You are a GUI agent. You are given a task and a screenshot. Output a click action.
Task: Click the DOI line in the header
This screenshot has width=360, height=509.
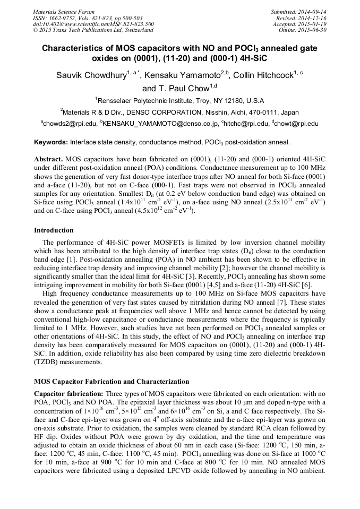pos(93,24)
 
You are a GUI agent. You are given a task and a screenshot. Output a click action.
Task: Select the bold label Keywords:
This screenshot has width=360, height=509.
pos(51,142)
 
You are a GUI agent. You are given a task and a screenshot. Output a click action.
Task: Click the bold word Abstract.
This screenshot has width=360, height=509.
pos(48,159)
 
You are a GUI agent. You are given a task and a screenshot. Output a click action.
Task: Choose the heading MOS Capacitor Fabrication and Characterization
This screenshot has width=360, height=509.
pos(112,382)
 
